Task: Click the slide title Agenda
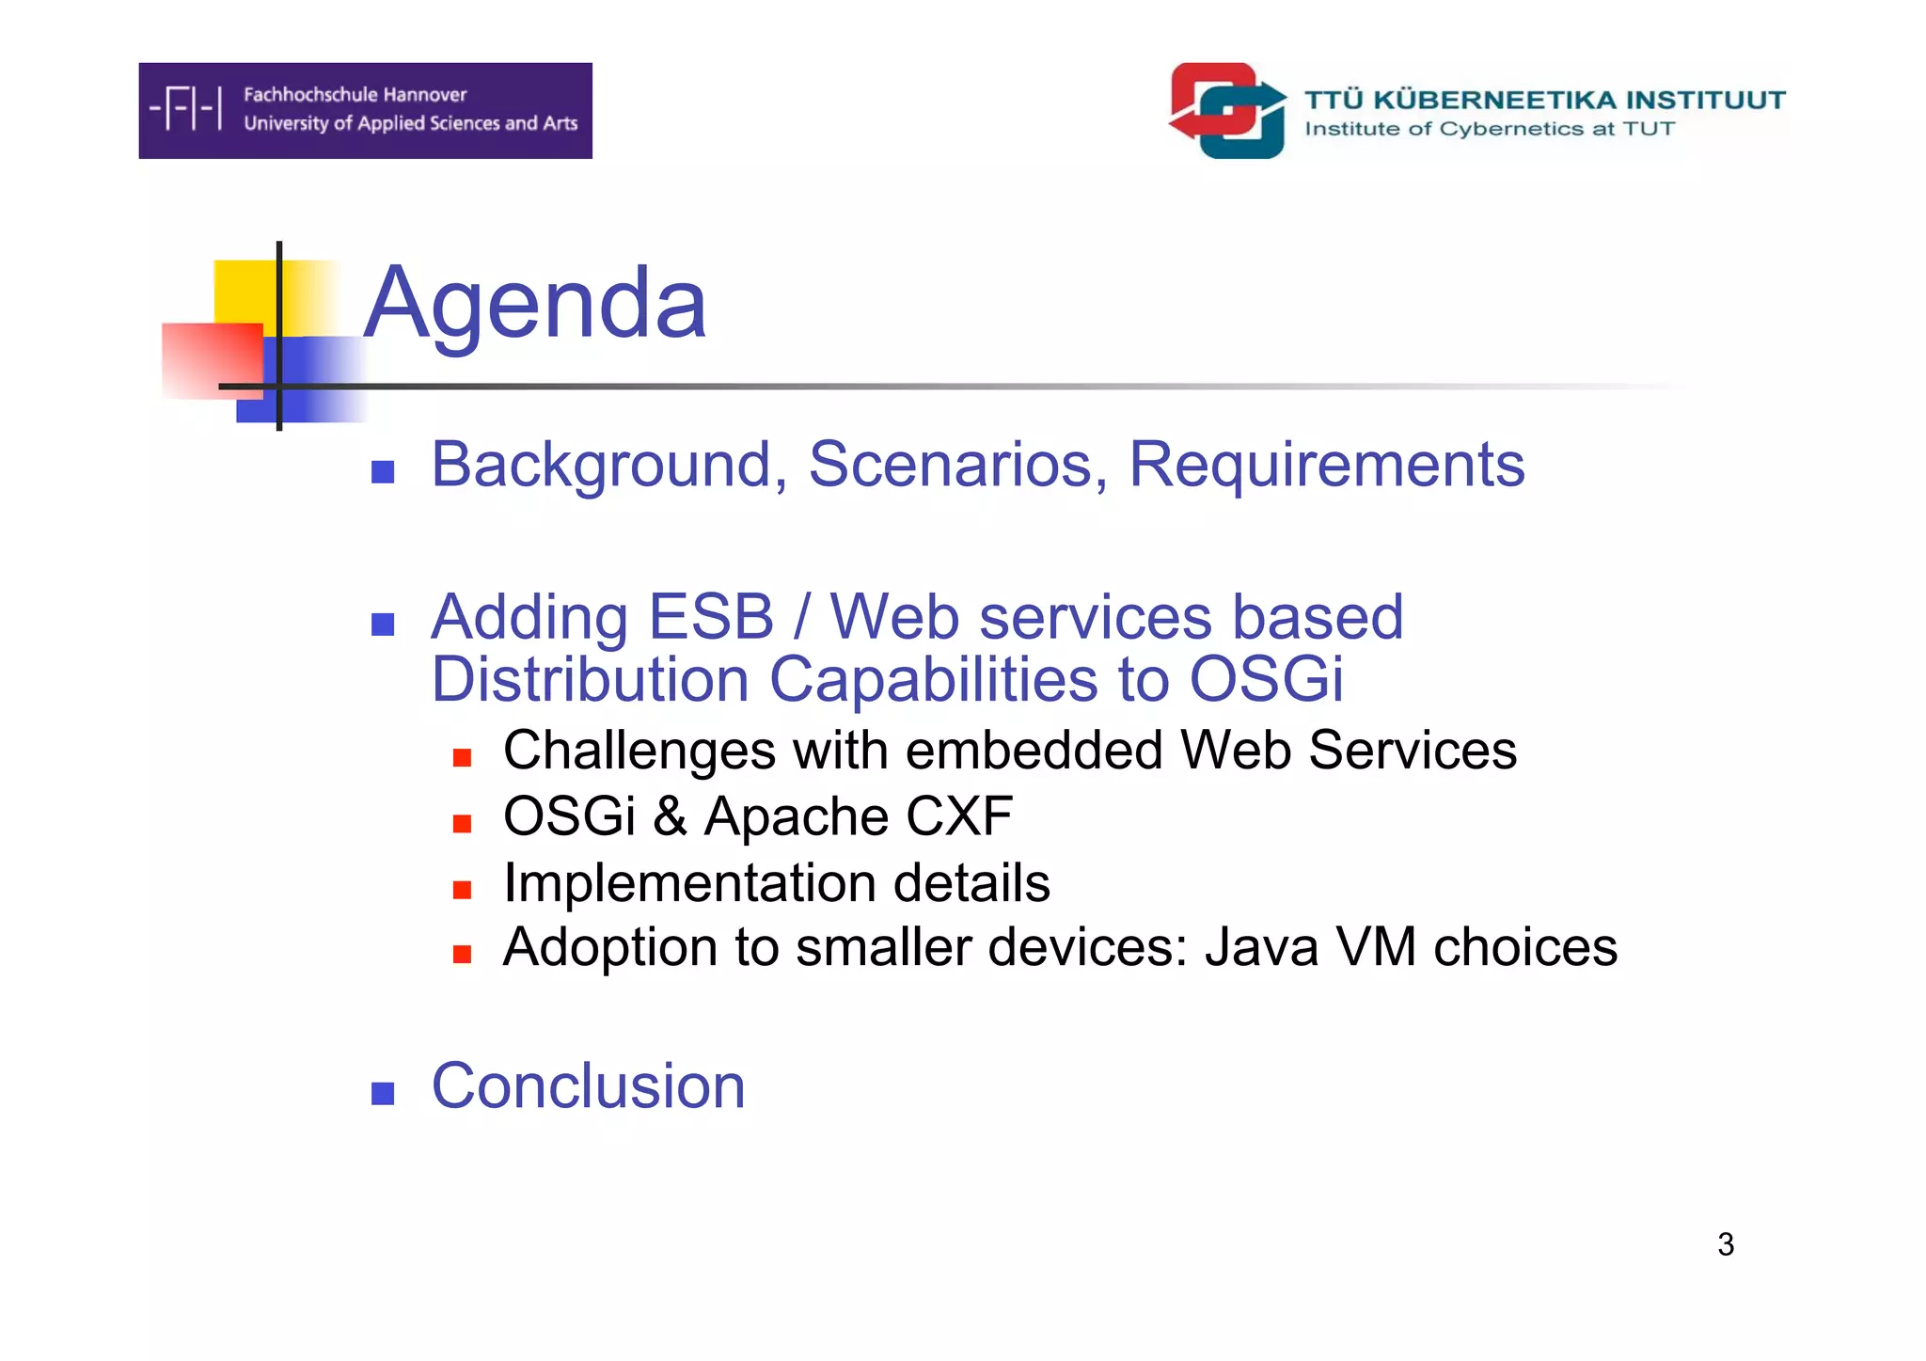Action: point(534,304)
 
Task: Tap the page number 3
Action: point(1725,1244)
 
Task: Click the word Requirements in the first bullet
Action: point(1326,465)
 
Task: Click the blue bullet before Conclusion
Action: point(383,1093)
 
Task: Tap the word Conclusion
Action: point(588,1086)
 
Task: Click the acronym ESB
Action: point(711,618)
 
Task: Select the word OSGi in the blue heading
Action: point(1266,679)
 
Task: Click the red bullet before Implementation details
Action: point(462,890)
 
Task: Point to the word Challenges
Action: point(639,751)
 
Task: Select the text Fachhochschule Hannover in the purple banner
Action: point(355,95)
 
